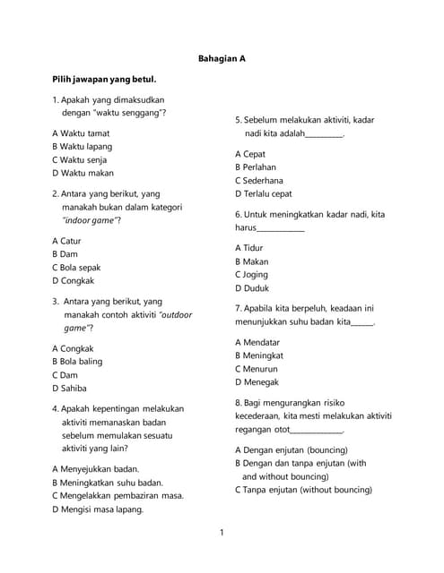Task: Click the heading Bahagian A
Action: pos(222,58)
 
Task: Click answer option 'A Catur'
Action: pos(67,241)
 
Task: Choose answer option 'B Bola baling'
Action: pos(77,362)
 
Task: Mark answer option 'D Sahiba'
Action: pos(69,389)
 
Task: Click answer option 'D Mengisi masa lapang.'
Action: pos(98,509)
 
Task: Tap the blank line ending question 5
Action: pos(325,134)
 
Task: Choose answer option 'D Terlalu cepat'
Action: pos(263,193)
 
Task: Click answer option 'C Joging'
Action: pos(251,275)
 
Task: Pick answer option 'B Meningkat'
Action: pos(257,355)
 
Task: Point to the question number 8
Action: pos(239,403)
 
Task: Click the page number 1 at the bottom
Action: pos(222,534)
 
